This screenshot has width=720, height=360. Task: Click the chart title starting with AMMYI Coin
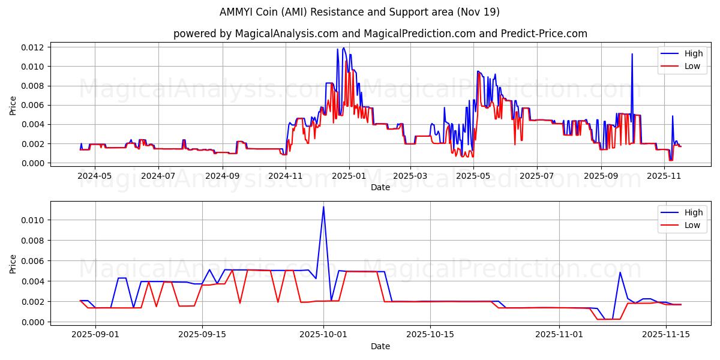359,12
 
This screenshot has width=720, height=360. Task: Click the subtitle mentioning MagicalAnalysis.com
380,34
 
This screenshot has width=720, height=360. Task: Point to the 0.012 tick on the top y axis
32,47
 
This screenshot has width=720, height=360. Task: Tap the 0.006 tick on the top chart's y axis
32,105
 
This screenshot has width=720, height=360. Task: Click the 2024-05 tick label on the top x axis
95,176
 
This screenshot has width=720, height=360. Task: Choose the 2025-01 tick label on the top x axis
349,176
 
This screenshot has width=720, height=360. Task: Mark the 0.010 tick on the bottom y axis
32,220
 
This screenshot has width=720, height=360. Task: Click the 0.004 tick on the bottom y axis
32,281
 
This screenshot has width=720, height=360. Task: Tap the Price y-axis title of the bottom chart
13,264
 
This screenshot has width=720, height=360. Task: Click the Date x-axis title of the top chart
380,187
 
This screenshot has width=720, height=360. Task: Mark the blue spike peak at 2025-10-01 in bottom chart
323,207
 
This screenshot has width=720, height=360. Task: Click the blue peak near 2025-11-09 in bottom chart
620,272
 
